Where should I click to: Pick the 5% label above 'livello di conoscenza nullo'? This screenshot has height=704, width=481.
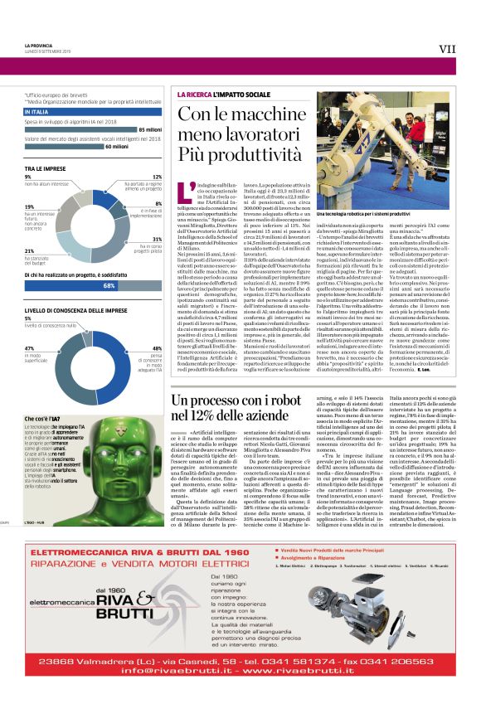[27, 318]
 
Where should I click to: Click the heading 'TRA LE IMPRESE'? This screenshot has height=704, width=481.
[44, 168]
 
